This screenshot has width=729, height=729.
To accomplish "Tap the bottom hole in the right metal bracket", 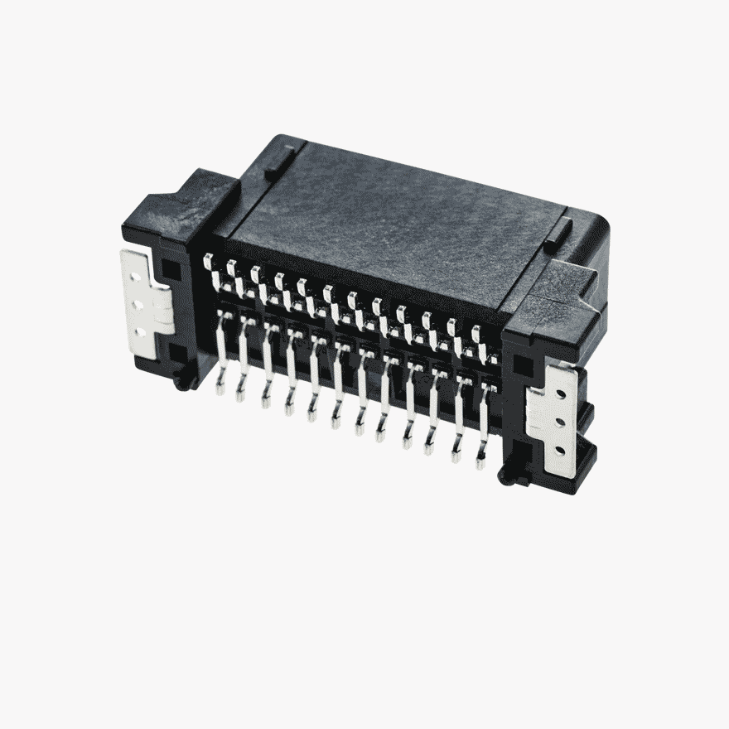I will point(561,451).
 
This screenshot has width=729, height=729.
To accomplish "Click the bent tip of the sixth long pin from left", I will point(336,421).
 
